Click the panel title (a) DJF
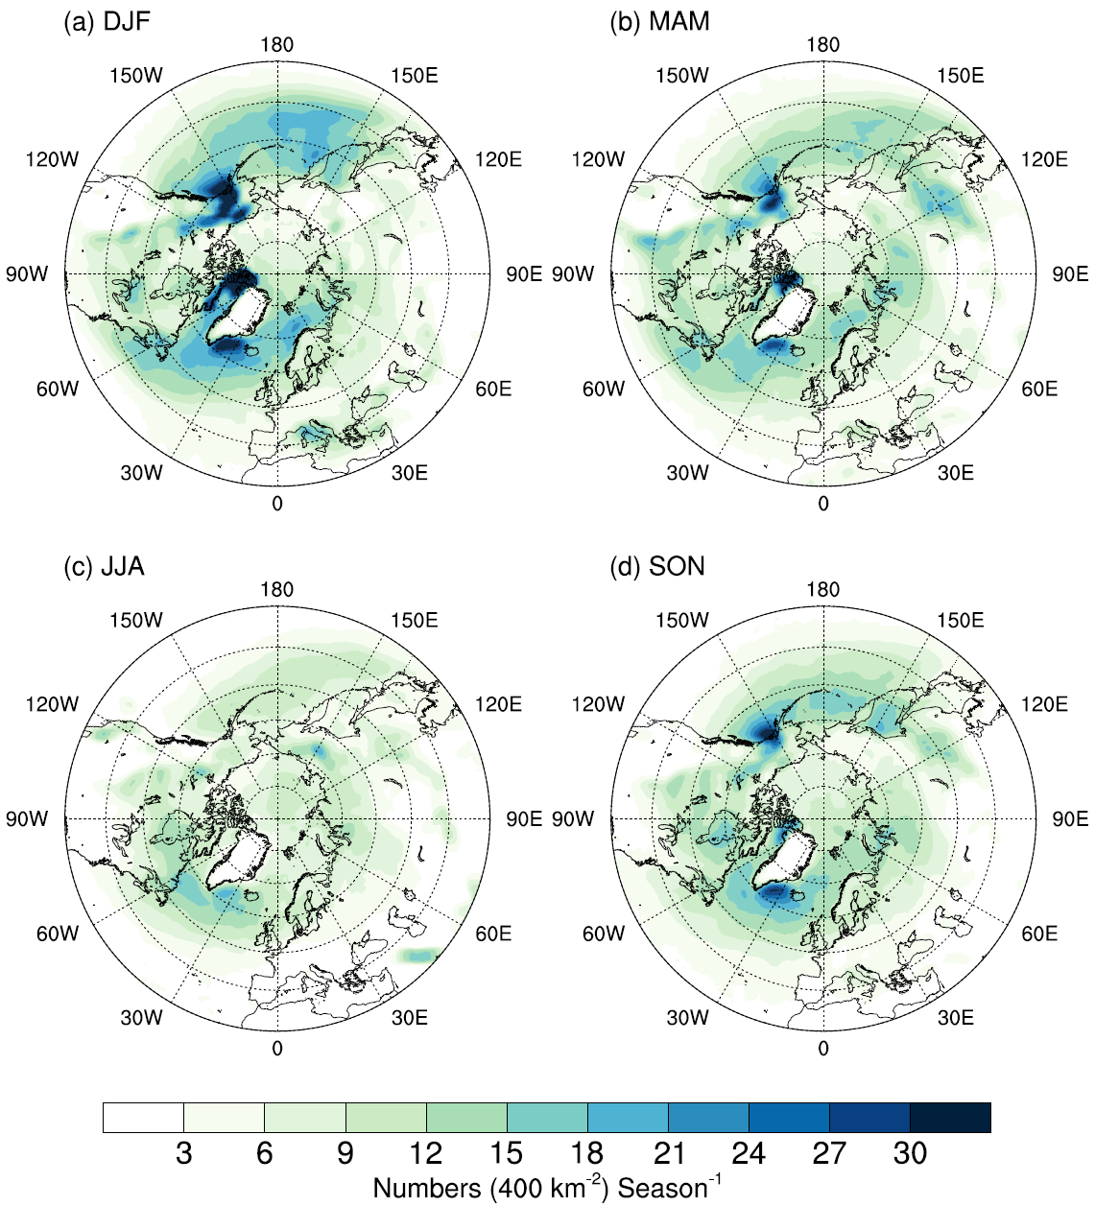click(x=107, y=22)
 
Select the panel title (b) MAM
click(x=659, y=22)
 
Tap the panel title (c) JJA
click(x=104, y=567)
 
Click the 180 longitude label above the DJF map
click(x=276, y=45)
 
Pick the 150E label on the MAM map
click(x=960, y=76)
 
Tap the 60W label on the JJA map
click(x=58, y=934)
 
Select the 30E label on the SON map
click(x=956, y=1018)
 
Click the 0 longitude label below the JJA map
click(x=277, y=1049)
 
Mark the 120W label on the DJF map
click(x=52, y=159)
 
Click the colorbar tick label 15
click(x=506, y=1152)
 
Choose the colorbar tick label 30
click(x=910, y=1152)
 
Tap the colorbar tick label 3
click(x=183, y=1152)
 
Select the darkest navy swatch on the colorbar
click(x=950, y=1118)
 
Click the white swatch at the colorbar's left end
click(x=143, y=1118)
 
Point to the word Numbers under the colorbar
click(x=427, y=1188)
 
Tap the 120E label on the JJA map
click(x=498, y=704)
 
